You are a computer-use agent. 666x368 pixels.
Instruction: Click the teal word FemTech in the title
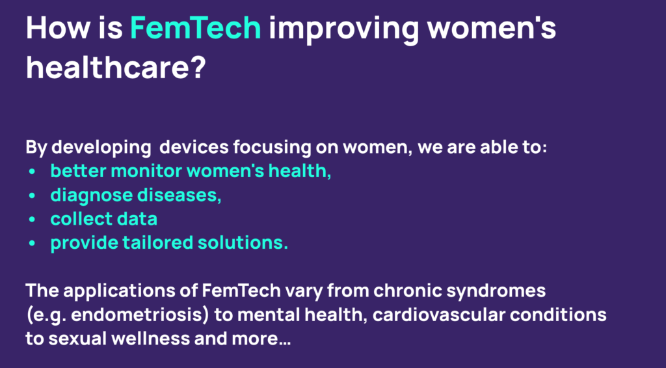(196, 27)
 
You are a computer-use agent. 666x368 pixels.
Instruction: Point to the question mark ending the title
(196, 67)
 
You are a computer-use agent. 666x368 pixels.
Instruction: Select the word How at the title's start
(59, 27)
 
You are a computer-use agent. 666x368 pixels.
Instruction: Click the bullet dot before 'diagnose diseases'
(33, 196)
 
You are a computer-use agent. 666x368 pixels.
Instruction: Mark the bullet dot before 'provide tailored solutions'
(33, 244)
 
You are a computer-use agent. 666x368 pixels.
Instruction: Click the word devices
(193, 148)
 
